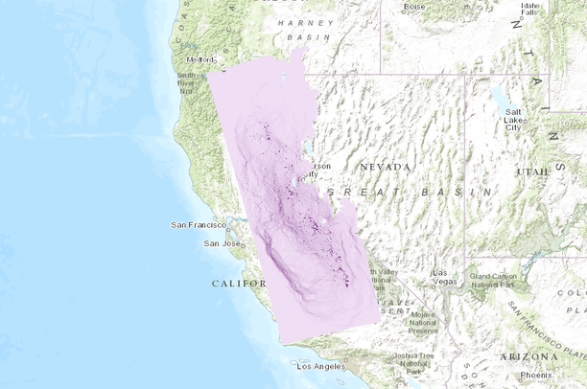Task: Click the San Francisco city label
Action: click(x=198, y=225)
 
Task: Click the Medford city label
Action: click(x=200, y=58)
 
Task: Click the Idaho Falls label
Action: click(x=530, y=9)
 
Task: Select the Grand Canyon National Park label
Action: click(x=493, y=281)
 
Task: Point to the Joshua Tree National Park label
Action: click(x=415, y=362)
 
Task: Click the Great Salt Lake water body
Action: click(x=501, y=97)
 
